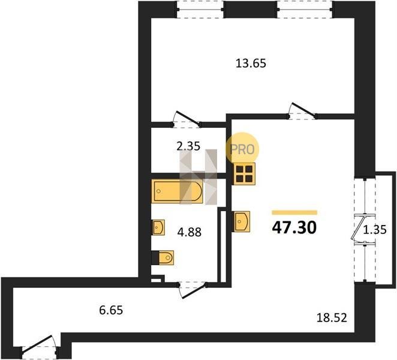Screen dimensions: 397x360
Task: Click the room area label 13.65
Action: point(251,63)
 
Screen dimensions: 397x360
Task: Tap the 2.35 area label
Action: point(188,146)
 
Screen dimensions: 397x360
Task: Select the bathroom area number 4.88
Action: point(189,232)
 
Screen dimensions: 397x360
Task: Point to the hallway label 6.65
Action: point(111,310)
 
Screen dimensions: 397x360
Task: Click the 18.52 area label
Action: point(332,317)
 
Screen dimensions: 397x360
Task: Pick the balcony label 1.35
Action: point(375,230)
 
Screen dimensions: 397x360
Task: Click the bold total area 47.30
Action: point(294,227)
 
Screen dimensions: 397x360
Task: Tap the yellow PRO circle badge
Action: point(242,149)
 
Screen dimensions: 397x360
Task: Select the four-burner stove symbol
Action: point(244,174)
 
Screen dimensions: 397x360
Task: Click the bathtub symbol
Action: point(177,191)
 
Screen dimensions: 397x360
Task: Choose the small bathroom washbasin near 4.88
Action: point(158,227)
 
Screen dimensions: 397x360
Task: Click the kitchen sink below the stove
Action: point(241,221)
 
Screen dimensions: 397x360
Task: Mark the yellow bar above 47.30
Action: point(294,212)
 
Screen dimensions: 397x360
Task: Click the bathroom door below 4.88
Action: point(193,290)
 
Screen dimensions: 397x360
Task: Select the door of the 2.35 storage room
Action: point(187,119)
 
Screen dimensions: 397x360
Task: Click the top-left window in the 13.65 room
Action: point(200,10)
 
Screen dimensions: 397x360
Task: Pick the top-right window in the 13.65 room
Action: point(305,10)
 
